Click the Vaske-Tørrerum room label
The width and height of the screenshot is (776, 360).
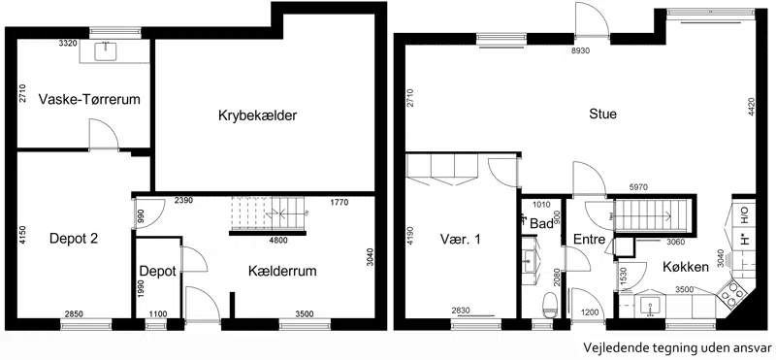pyautogui.click(x=89, y=100)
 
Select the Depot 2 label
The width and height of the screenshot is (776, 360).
pyautogui.click(x=74, y=239)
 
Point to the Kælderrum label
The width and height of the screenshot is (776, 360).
pyautogui.click(x=282, y=272)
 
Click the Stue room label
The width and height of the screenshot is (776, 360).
pyautogui.click(x=602, y=114)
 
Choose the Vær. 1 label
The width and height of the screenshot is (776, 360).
pyautogui.click(x=460, y=239)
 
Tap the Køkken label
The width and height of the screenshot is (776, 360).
pyautogui.click(x=686, y=268)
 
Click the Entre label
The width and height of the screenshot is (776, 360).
pyautogui.click(x=590, y=240)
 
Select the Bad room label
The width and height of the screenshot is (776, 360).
pyautogui.click(x=541, y=224)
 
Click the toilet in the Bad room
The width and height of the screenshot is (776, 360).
pyautogui.click(x=549, y=303)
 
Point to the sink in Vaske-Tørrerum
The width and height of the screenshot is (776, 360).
pyautogui.click(x=106, y=51)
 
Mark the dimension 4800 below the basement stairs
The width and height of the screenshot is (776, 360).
pyautogui.click(x=277, y=241)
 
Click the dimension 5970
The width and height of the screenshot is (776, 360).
pyautogui.click(x=638, y=187)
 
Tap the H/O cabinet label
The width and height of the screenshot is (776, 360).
pyautogui.click(x=744, y=213)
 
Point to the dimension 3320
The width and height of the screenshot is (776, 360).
pyautogui.click(x=68, y=44)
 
